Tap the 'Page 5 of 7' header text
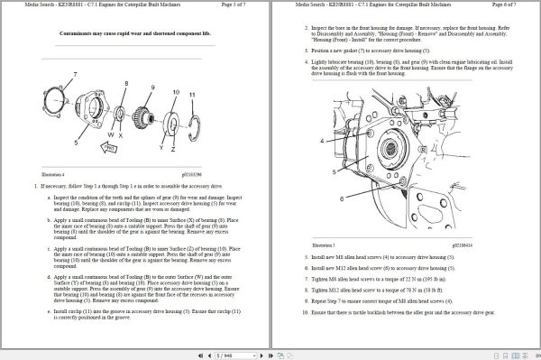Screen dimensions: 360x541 click(237, 5)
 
